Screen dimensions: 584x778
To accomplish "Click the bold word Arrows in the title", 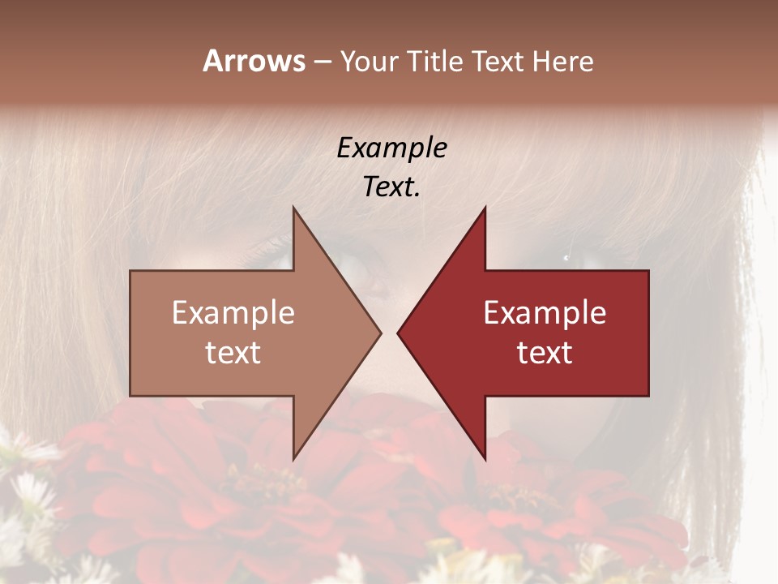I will coord(254,61).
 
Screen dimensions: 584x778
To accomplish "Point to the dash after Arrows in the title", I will coord(322,62).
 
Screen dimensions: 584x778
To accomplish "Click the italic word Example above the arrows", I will coord(392,148).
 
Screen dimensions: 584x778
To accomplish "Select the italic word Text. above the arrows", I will coord(392,187).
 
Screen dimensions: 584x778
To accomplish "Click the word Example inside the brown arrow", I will coord(233,313).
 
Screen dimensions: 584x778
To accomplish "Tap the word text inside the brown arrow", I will coord(233,353).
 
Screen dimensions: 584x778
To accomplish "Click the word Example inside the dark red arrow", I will coord(545,313).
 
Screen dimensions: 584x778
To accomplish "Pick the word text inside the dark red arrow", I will coord(545,353).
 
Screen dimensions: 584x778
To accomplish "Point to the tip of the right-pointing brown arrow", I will coord(380,333).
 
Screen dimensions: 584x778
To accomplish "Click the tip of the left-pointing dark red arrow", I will coord(398,333).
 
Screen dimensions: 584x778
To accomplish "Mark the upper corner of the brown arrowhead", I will coord(293,208).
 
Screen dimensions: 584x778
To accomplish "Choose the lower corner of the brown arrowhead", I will coord(293,458).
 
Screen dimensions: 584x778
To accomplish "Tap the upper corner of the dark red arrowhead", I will coord(485,208).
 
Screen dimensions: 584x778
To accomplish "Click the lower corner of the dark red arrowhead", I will coord(485,458).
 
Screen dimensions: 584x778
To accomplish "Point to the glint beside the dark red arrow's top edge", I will coord(566,258).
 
